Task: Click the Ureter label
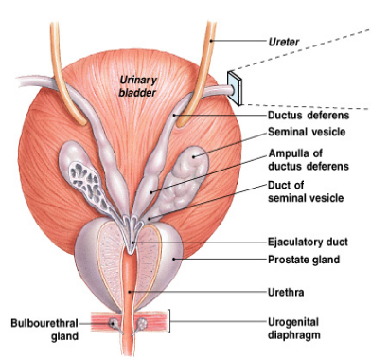(284, 42)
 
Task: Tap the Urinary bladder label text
(138, 86)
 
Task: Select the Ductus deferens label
(309, 116)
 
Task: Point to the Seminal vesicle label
(307, 132)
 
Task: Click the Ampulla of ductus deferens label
(309, 160)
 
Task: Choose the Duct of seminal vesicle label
(306, 191)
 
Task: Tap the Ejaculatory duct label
(308, 243)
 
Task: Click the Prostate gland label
(304, 260)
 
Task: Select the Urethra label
(286, 292)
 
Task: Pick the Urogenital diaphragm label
(294, 329)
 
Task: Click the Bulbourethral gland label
(44, 330)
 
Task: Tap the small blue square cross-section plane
(235, 88)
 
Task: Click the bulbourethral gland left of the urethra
(113, 323)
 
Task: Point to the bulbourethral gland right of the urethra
(143, 323)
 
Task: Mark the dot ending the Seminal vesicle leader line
(194, 155)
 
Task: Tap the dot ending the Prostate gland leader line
(173, 260)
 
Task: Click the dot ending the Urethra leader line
(130, 292)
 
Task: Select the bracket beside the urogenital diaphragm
(169, 321)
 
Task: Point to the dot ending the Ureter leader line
(212, 41)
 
